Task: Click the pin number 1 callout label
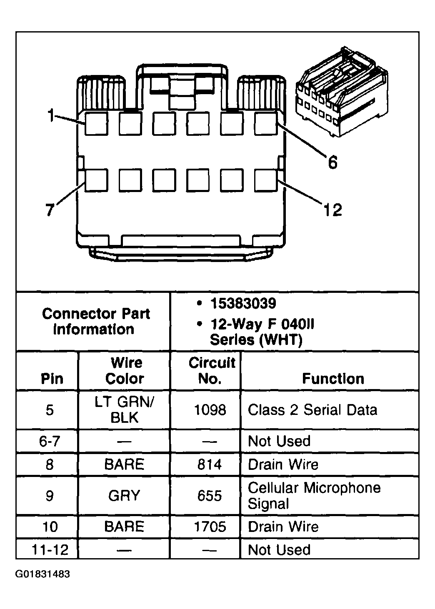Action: tap(51, 115)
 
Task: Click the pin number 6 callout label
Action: tap(332, 162)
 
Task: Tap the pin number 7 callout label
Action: tap(50, 210)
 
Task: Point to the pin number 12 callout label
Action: tap(332, 210)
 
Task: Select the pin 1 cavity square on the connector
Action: tap(96, 124)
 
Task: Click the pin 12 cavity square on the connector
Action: tap(265, 180)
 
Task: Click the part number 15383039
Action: tap(243, 304)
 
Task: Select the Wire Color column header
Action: tap(125, 371)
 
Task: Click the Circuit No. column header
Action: tap(211, 371)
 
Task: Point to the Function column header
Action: tap(333, 379)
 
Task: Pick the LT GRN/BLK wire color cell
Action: tap(125, 410)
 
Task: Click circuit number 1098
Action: tap(210, 410)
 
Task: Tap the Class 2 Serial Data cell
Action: tap(312, 410)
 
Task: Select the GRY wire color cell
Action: tap(125, 496)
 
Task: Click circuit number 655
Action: tap(210, 496)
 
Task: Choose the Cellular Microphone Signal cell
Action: tap(314, 496)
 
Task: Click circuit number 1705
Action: tap(210, 527)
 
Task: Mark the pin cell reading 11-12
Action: tap(50, 550)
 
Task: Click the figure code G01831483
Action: tap(43, 574)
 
